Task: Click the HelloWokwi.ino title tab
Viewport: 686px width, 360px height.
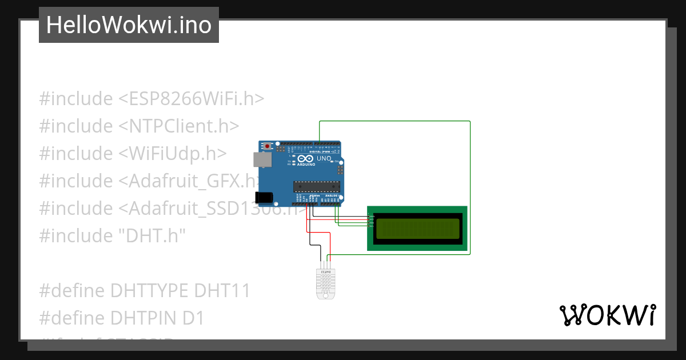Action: click(129, 25)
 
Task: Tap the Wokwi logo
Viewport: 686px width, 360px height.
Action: click(607, 315)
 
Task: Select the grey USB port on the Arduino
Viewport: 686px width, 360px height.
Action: click(262, 159)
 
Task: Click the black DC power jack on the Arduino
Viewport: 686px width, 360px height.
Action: click(264, 197)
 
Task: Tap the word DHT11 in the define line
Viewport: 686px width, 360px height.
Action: click(222, 291)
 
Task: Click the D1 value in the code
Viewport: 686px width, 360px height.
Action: click(193, 318)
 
